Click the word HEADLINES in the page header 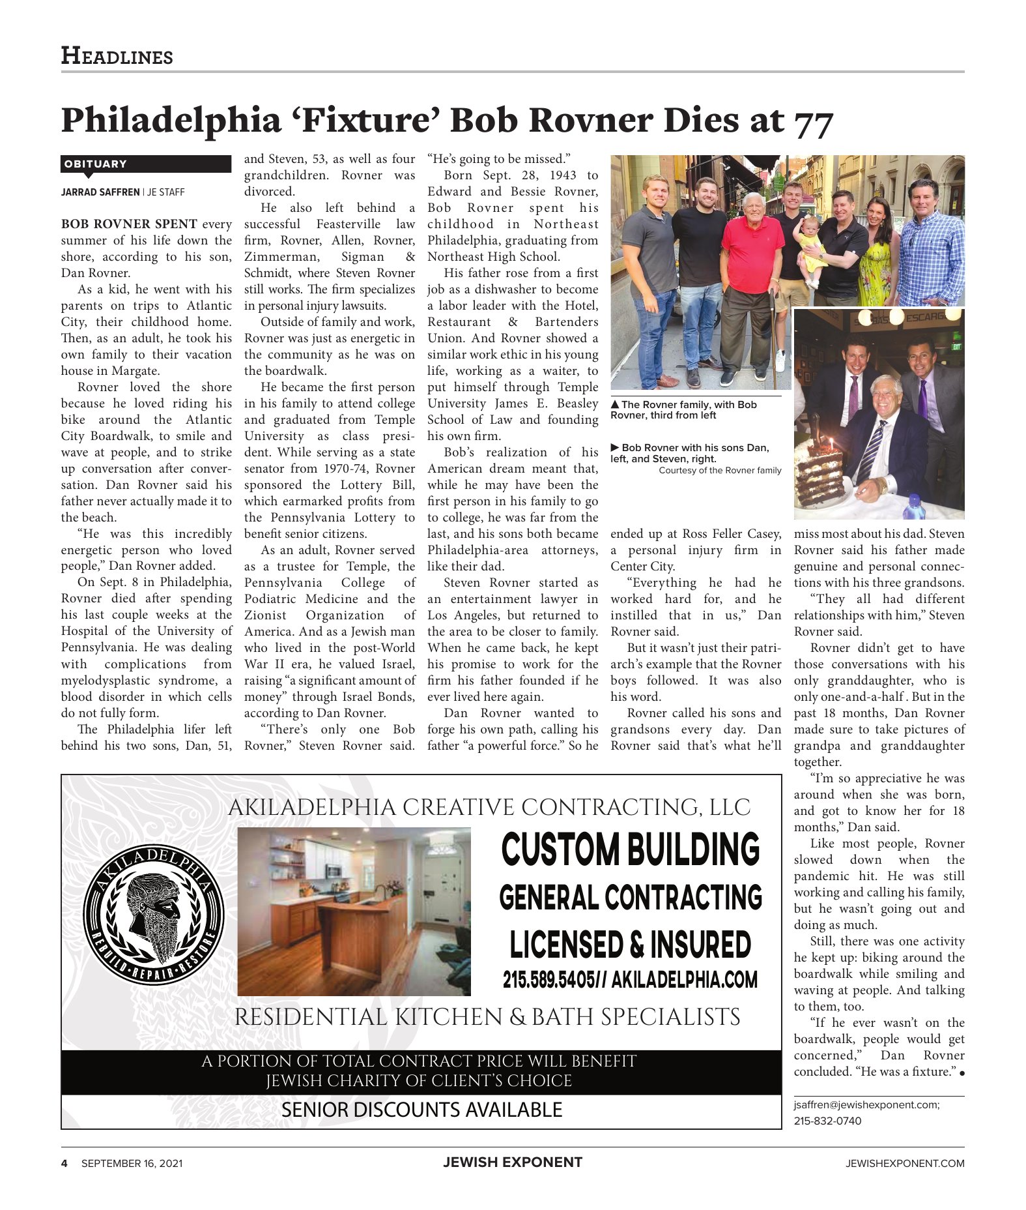[117, 56]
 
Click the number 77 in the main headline [813, 122]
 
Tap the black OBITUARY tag [146, 164]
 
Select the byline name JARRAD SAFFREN [100, 192]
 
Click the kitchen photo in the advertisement [354, 911]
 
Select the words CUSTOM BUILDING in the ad [631, 849]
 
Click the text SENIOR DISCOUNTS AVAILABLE [421, 1109]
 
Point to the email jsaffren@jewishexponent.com [866, 1104]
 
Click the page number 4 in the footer [64, 1163]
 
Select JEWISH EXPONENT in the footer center [513, 1162]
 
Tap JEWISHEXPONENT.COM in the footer [905, 1163]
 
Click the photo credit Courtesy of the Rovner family [720, 470]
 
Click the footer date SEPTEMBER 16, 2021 [132, 1163]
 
